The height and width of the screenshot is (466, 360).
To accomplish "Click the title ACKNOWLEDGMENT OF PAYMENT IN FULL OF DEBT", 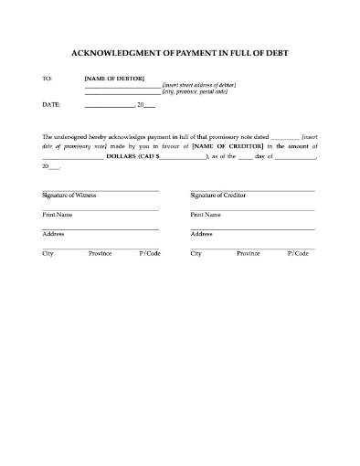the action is pyautogui.click(x=180, y=52).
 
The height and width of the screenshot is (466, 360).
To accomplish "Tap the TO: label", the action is pyautogui.click(x=48, y=79).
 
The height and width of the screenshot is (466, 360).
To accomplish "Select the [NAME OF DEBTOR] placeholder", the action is pyautogui.click(x=114, y=79).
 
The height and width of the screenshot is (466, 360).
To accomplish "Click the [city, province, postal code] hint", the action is pyautogui.click(x=195, y=92).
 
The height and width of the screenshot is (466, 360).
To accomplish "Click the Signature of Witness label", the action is pyautogui.click(x=69, y=196).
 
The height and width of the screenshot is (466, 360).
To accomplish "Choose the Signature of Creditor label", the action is pyautogui.click(x=217, y=196).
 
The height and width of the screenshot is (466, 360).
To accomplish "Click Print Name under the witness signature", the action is pyautogui.click(x=57, y=215).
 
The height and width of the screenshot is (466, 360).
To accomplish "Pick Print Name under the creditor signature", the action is pyautogui.click(x=205, y=215).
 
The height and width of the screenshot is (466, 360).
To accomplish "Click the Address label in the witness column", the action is pyautogui.click(x=53, y=234).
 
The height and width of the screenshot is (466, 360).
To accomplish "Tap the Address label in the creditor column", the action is pyautogui.click(x=201, y=234).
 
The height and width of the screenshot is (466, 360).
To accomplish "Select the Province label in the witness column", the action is pyautogui.click(x=100, y=252).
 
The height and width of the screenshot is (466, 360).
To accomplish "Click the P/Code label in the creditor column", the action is pyautogui.click(x=297, y=252).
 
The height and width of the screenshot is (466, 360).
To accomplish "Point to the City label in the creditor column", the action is pyautogui.click(x=196, y=252).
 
